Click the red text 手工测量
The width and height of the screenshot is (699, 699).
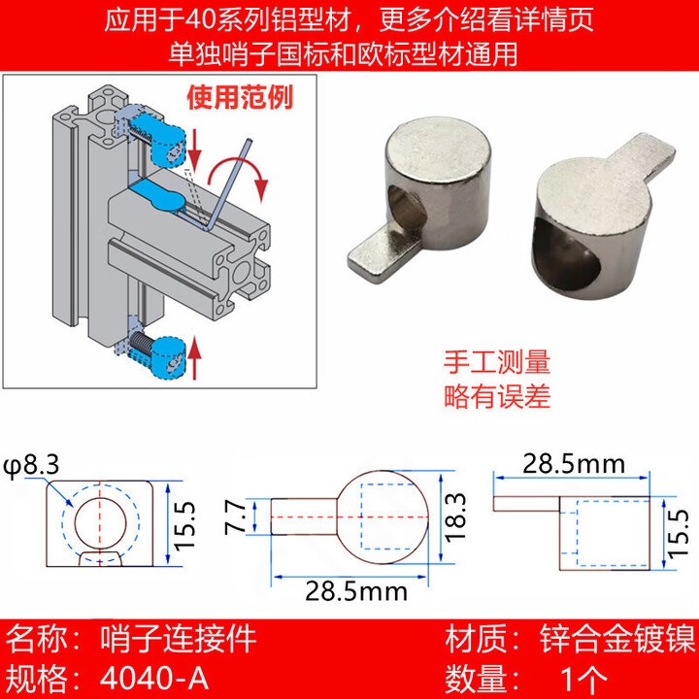pyautogui.click(x=497, y=364)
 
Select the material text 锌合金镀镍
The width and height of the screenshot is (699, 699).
pyautogui.click(x=616, y=640)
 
